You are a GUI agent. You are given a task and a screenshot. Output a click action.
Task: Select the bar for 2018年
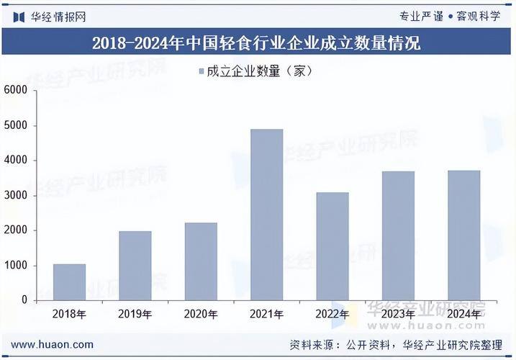[69, 282]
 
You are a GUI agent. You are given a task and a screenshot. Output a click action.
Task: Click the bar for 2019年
[135, 266]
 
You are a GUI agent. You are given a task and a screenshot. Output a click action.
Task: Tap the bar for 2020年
[201, 261]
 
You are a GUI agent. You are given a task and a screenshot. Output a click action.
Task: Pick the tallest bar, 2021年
[266, 215]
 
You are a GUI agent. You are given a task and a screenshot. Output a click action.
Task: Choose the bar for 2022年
[332, 246]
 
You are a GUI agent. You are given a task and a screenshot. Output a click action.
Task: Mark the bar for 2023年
[398, 235]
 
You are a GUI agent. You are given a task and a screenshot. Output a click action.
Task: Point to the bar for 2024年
[463, 235]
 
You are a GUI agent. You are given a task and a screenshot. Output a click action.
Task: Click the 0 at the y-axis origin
[24, 300]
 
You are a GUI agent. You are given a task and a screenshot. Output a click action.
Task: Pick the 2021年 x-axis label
[266, 315]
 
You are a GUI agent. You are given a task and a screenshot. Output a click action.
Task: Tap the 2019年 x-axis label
[135, 315]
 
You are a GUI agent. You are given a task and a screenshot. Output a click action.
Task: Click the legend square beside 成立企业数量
[200, 71]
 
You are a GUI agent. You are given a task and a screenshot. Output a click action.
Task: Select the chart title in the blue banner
[257, 43]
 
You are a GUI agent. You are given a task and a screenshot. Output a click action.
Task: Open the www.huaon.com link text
[52, 345]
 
